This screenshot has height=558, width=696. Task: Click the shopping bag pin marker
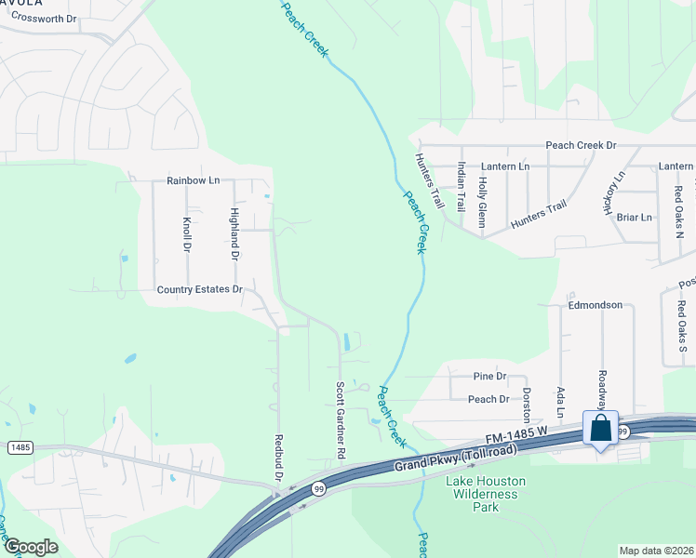pos(601,430)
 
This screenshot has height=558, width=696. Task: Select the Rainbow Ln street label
pos(194,180)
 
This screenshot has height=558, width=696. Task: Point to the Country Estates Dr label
pos(199,290)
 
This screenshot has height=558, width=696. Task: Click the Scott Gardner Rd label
pos(341,419)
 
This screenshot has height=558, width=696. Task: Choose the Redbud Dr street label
pos(277,457)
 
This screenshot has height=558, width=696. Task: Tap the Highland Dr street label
pos(234,233)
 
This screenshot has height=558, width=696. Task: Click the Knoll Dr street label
pos(187,235)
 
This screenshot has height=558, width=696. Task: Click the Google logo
pos(31,548)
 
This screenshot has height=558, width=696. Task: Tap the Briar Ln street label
pos(634,218)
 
